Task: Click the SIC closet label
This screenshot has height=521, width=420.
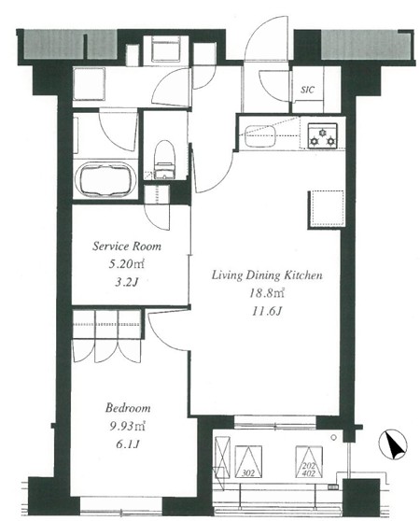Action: tap(307, 90)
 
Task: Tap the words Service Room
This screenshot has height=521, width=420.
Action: tap(127, 246)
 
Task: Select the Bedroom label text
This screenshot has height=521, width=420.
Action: tap(128, 408)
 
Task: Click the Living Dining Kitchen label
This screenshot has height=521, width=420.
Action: tap(267, 275)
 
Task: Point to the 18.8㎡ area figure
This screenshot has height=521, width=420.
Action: tap(267, 293)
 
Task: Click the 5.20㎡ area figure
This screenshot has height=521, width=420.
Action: tap(127, 264)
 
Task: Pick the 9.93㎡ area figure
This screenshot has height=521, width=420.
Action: tap(127, 426)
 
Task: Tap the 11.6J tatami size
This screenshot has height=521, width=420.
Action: tap(266, 311)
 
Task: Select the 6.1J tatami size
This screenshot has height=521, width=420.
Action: tap(127, 444)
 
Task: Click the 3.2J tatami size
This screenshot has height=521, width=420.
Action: tap(126, 282)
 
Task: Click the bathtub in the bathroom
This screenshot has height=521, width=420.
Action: tap(105, 180)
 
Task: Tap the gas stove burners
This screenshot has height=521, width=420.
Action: tap(322, 135)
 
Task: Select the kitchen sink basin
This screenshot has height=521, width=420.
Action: tap(260, 136)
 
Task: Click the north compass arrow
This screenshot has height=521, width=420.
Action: tap(394, 445)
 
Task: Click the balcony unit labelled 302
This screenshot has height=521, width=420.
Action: tap(248, 461)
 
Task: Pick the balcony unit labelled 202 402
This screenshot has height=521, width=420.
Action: tap(309, 461)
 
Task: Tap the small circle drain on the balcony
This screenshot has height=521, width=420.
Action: tap(334, 438)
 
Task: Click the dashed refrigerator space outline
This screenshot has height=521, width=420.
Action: tap(327, 208)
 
